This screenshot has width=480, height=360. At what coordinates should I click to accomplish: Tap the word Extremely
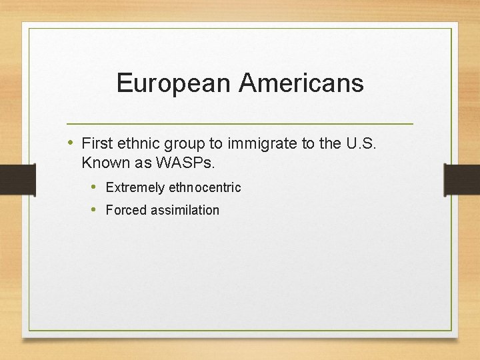135,188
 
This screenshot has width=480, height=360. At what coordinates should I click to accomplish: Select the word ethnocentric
205,188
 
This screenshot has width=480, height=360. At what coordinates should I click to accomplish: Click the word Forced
126,210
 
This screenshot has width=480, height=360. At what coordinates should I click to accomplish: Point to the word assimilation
185,210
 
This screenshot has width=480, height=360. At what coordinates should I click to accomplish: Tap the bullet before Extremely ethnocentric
93,187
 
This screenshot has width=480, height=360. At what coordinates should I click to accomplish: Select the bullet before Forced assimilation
93,209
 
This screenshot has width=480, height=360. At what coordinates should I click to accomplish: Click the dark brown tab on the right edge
462,179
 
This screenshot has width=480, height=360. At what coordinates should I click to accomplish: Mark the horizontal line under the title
240,124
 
